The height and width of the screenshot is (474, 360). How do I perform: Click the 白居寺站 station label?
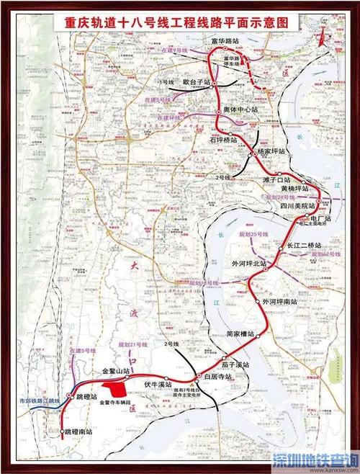tap(218, 377)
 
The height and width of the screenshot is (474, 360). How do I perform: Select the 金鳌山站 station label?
tap(116, 372)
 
